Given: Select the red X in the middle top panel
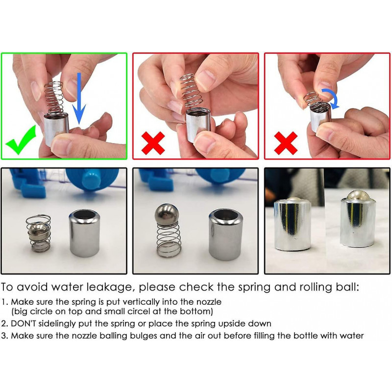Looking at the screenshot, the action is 153,143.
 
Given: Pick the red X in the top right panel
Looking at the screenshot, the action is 286,143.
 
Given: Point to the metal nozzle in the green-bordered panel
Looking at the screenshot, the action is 56,129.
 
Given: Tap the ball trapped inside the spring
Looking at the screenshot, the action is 38,231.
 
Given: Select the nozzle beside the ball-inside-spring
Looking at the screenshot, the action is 84,233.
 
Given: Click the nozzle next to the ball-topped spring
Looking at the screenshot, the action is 226,235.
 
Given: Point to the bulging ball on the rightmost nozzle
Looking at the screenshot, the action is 358,196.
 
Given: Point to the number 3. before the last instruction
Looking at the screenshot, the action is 5,336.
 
